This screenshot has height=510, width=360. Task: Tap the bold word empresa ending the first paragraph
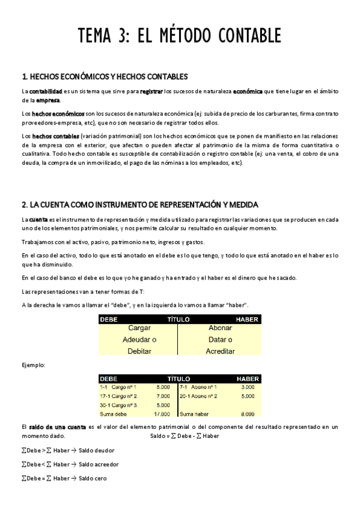tap(48, 100)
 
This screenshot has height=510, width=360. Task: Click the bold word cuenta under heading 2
tap(39, 220)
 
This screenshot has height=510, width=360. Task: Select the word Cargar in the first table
tap(139, 328)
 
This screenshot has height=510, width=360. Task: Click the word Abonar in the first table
tap(220, 328)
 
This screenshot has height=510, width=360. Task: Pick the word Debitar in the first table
tap(139, 351)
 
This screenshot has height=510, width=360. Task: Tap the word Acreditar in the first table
tap(220, 351)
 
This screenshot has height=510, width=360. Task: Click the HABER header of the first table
tap(248, 319)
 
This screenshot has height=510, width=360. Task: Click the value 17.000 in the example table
tap(162, 414)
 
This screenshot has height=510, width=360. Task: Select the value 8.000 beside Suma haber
tap(247, 414)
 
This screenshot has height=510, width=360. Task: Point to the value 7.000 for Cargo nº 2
tap(163, 396)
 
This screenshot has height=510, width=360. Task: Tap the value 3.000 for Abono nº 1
tap(247, 387)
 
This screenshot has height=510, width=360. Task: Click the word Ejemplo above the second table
tap(33, 365)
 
